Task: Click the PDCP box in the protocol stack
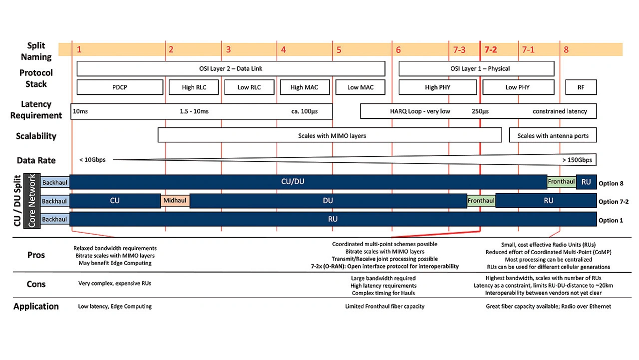[120, 87]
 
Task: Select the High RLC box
[194, 87]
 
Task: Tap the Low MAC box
[360, 87]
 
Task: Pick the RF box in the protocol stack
[581, 87]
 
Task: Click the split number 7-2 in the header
[491, 49]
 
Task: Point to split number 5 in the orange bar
[339, 50]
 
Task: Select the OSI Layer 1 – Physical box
[476, 68]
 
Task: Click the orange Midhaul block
[175, 201]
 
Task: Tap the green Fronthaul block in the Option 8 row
[562, 182]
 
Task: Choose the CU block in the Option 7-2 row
[115, 201]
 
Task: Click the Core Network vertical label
[31, 201]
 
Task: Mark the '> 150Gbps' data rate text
[577, 160]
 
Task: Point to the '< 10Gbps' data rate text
[92, 160]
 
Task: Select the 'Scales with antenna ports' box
[553, 135]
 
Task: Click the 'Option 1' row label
[611, 220]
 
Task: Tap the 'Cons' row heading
[36, 284]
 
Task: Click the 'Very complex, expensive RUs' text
[115, 283]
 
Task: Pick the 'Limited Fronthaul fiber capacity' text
[385, 307]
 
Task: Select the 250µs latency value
[480, 111]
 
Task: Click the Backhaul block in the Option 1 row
[55, 219]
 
